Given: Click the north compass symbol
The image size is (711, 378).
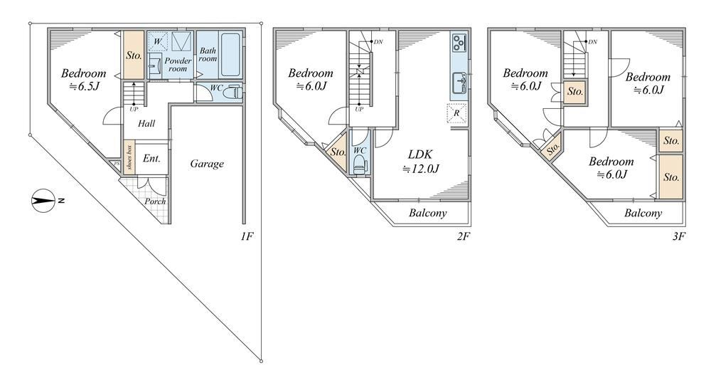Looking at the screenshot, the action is pyautogui.click(x=43, y=200).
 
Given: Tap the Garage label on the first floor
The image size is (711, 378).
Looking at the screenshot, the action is pyautogui.click(x=207, y=164).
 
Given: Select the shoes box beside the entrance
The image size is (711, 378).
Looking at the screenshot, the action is pyautogui.click(x=129, y=157).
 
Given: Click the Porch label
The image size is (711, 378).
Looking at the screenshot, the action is pyautogui.click(x=155, y=201).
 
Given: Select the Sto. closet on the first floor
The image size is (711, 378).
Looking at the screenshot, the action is pyautogui.click(x=134, y=55).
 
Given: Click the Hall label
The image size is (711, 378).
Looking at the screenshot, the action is pyautogui.click(x=146, y=123).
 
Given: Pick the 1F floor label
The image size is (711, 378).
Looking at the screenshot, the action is pyautogui.click(x=247, y=236).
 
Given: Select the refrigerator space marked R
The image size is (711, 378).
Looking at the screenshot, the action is pyautogui.click(x=456, y=113).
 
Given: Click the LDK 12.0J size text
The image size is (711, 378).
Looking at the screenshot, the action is pyautogui.click(x=421, y=169).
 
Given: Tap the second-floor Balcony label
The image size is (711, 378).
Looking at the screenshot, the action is pyautogui.click(x=427, y=213).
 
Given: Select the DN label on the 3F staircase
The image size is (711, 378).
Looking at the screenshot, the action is pyautogui.click(x=592, y=42).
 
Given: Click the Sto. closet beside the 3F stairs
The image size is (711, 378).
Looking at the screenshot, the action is pyautogui.click(x=575, y=92).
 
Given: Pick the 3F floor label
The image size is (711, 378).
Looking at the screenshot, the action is pyautogui.click(x=678, y=236).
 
